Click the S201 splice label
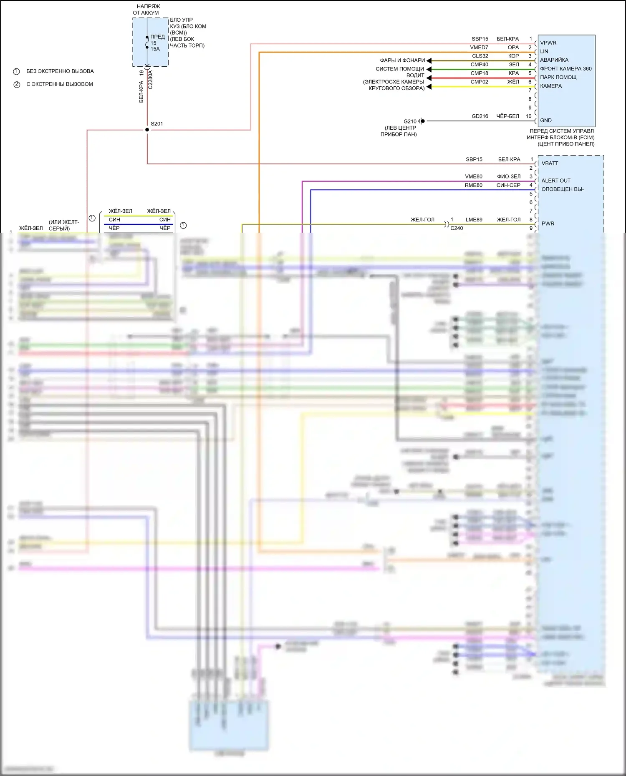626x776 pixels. click(157, 124)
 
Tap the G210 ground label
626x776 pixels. click(410, 121)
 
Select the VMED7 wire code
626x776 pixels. click(479, 48)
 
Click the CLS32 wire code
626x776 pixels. click(480, 56)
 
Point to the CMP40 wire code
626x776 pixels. click(479, 65)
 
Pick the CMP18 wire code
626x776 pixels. click(479, 73)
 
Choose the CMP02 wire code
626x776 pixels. click(479, 82)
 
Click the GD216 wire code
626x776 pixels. click(480, 116)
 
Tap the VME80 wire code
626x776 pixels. click(474, 176)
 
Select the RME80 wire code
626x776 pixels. click(474, 185)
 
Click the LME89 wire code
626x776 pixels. click(474, 220)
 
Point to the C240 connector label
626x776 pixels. click(457, 228)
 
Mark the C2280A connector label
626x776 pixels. click(151, 80)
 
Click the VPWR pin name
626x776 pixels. click(548, 43)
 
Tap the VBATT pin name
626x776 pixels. click(550, 163)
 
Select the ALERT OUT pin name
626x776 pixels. click(556, 181)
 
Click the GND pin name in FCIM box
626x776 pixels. click(546, 121)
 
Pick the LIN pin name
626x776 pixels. click(544, 52)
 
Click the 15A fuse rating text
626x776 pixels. click(155, 49)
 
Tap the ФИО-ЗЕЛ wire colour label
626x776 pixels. click(509, 176)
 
